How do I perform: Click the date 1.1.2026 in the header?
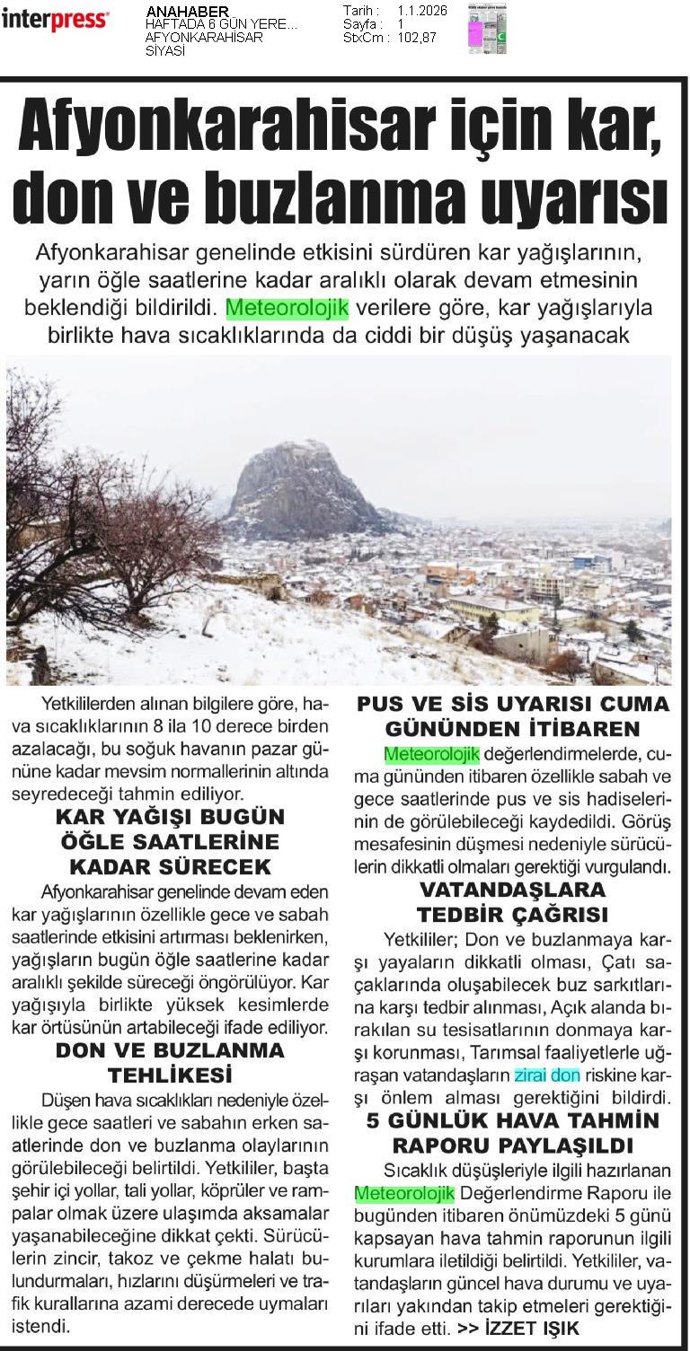tap(421, 10)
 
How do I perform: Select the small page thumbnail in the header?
tap(486, 29)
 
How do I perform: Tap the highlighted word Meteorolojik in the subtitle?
tap(287, 308)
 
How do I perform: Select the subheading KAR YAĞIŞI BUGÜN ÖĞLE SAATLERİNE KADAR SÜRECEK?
tap(170, 842)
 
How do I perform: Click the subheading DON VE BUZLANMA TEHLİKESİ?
tap(170, 1062)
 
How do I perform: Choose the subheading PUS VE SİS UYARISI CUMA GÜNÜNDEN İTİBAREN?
tap(526, 715)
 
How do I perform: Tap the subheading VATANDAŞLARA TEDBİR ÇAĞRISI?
tap(512, 902)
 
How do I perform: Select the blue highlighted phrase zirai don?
tap(547, 1075)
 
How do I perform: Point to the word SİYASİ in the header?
tap(165, 50)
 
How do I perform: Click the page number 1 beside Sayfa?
tap(401, 24)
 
